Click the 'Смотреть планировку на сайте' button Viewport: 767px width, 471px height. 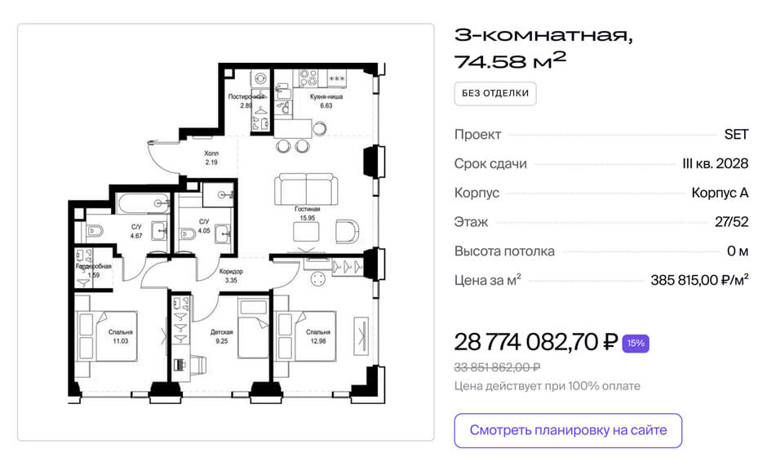pyautogui.click(x=568, y=430)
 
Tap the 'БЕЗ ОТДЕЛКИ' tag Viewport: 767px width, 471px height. pyautogui.click(x=495, y=94)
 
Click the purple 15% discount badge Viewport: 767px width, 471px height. pyautogui.click(x=636, y=343)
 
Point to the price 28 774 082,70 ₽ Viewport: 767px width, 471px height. pyautogui.click(x=535, y=342)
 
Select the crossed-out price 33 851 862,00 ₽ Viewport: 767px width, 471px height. pyautogui.click(x=497, y=367)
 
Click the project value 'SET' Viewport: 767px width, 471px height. pyautogui.click(x=736, y=134)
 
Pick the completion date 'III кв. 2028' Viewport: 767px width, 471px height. pyautogui.click(x=715, y=163)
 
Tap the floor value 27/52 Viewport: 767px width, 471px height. pyautogui.click(x=731, y=222)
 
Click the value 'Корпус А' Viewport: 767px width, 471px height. pyautogui.click(x=720, y=193)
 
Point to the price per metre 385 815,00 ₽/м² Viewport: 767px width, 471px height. pyautogui.click(x=699, y=280)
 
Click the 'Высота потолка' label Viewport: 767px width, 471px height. pyautogui.click(x=504, y=251)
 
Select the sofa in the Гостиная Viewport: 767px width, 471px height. pyautogui.click(x=306, y=189)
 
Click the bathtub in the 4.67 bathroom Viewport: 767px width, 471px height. pyautogui.click(x=144, y=202)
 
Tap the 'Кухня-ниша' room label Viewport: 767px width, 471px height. pyautogui.click(x=326, y=97)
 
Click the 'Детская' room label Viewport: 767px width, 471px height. pyautogui.click(x=222, y=332)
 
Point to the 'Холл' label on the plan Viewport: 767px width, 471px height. pyautogui.click(x=211, y=153)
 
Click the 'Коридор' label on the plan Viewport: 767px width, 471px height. pyautogui.click(x=231, y=271)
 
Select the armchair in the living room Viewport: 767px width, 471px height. pyautogui.click(x=347, y=231)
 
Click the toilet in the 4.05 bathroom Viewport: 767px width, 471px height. pyautogui.click(x=188, y=233)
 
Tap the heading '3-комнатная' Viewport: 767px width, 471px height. pyautogui.click(x=543, y=35)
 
